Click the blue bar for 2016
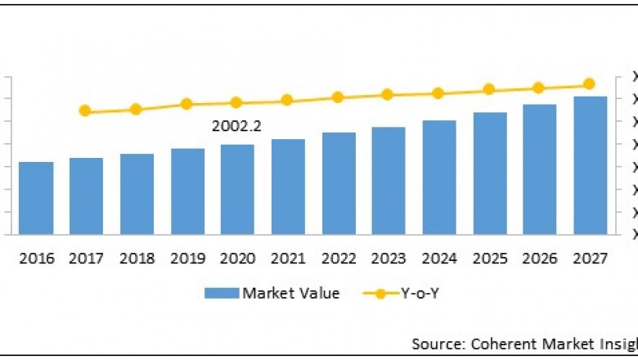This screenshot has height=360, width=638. [x=36, y=198]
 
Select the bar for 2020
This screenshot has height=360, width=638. [x=237, y=189]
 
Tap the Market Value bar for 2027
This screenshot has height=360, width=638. [x=590, y=165]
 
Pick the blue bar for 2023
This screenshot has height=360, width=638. [x=389, y=181]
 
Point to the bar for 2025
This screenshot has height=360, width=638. [x=489, y=173]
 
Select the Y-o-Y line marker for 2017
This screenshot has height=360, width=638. [x=84, y=110]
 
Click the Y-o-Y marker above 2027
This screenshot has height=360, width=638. [x=589, y=84]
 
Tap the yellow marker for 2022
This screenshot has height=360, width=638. [x=337, y=97]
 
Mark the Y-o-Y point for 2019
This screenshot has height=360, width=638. [x=186, y=104]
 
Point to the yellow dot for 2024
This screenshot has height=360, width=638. [x=438, y=93]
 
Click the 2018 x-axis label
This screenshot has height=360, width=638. [x=137, y=259]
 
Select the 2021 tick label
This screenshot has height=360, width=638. [x=288, y=259]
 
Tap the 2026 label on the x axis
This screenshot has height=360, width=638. [x=540, y=259]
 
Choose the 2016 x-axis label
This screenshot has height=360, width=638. [x=36, y=259]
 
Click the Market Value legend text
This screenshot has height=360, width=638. [x=290, y=293]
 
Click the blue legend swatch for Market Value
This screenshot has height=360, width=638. [x=222, y=293]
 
